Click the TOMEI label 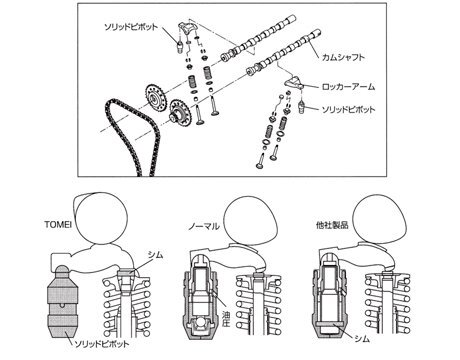point(58,224)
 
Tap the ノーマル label point(204,227)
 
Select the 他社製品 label point(332,225)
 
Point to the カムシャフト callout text point(343,57)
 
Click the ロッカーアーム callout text point(348,87)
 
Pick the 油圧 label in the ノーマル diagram point(226,319)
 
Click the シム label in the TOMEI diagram point(155,255)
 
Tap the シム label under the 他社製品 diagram point(362,339)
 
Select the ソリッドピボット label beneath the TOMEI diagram point(101,344)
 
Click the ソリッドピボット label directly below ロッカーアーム point(348,109)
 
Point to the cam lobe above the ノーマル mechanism point(250,221)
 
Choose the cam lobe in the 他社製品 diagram point(380,221)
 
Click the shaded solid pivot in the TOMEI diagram point(63,302)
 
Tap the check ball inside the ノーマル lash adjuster point(200,323)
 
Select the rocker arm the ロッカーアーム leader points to point(294,82)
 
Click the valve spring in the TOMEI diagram point(127,307)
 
